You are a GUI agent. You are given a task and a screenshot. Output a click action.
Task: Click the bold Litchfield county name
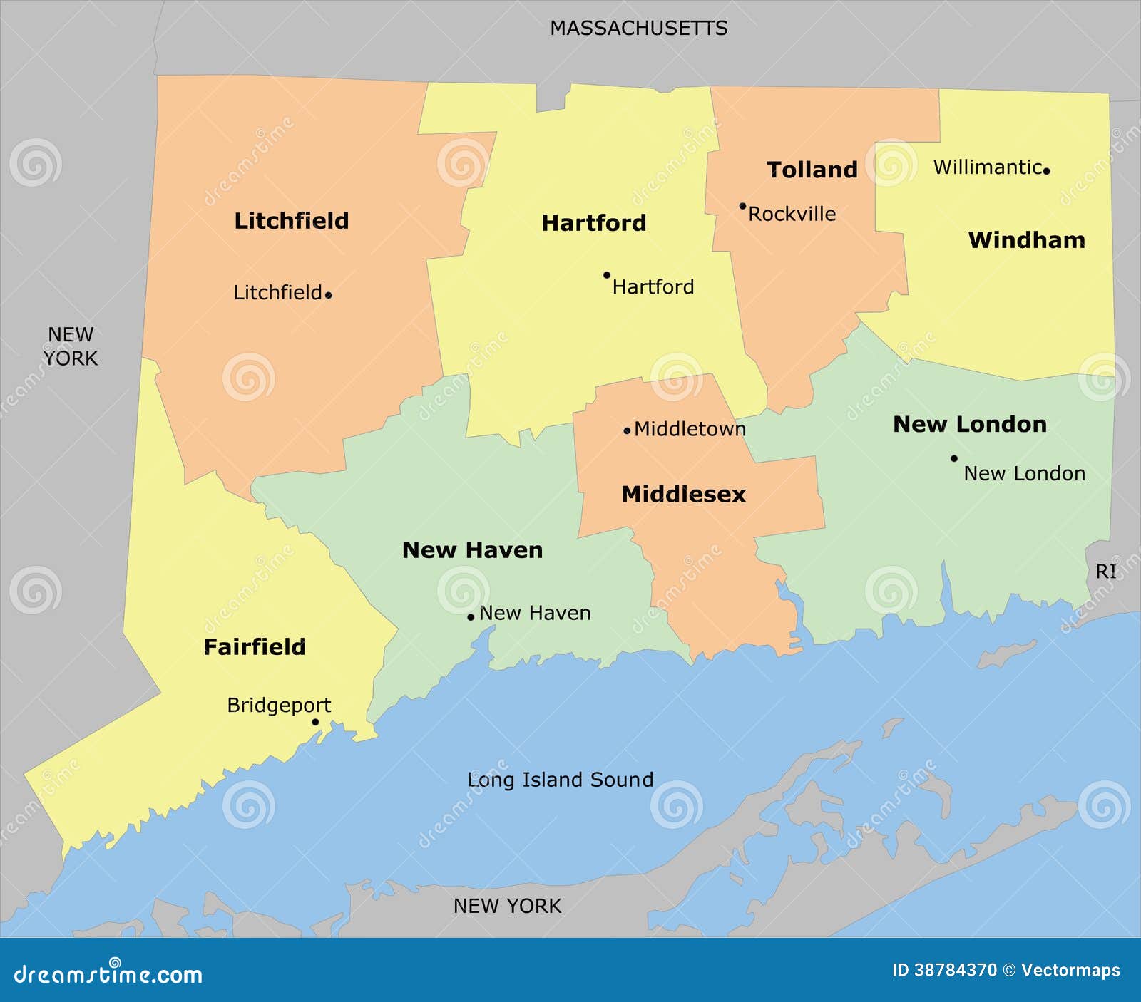292,221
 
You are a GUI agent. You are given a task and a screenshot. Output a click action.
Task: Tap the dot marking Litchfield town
328,295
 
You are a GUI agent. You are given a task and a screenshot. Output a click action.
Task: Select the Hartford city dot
607,275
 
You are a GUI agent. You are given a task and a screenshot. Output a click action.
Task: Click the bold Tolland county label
812,170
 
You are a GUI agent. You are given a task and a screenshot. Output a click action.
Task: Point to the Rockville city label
792,214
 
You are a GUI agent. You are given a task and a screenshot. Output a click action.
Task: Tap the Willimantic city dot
1046,171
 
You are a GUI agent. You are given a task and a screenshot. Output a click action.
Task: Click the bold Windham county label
1026,240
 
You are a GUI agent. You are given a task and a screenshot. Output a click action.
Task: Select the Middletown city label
690,429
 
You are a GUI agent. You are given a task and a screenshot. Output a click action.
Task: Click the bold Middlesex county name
683,494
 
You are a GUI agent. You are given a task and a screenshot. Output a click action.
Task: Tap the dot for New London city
954,458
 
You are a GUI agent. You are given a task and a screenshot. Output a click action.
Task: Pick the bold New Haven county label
472,550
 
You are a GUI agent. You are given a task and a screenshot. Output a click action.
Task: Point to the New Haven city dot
471,617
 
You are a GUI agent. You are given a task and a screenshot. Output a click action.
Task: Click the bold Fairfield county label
255,647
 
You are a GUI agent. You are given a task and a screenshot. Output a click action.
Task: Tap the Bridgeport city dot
315,722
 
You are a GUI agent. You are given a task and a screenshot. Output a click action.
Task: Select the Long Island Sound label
560,780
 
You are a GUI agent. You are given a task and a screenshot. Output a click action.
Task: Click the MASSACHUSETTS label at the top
638,29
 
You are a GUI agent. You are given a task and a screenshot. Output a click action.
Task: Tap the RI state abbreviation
1105,572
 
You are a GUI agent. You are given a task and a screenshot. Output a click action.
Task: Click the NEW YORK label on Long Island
507,906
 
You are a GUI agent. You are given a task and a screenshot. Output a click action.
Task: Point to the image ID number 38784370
956,970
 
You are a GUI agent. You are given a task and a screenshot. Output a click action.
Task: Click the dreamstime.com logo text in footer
108,974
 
